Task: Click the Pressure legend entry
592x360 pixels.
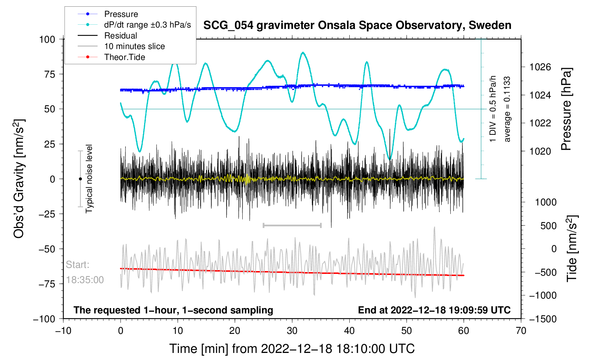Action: (121, 14)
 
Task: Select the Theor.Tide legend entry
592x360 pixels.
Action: (124, 57)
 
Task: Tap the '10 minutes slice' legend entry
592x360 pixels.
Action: (134, 46)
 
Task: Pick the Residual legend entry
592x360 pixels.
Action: (120, 36)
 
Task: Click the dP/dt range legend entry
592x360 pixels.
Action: (147, 25)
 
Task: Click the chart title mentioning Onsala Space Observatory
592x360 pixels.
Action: (357, 25)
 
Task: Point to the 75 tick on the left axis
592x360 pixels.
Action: (47, 74)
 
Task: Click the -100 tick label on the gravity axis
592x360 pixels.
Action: (44, 319)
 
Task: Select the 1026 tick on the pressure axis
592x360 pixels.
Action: (540, 67)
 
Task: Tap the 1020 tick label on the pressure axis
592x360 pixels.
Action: (540, 151)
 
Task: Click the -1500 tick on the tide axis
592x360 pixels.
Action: (543, 319)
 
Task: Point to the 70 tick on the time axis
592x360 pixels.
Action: (521, 331)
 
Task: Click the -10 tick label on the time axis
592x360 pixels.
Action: (63, 331)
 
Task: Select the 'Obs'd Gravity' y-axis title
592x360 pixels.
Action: (19, 179)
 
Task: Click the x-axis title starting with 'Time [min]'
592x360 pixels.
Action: (292, 349)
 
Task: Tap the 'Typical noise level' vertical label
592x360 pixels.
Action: (89, 179)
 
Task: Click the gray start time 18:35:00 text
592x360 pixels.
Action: (85, 280)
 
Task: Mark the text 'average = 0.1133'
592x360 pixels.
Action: (507, 109)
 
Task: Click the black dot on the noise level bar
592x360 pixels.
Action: (80, 179)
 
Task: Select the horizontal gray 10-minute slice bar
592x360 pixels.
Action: (292, 225)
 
